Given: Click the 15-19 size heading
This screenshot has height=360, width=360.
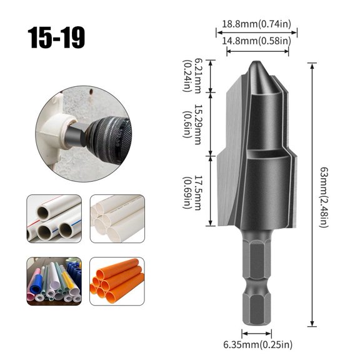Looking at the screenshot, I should point(56,37).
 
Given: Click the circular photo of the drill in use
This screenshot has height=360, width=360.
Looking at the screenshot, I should point(83,134).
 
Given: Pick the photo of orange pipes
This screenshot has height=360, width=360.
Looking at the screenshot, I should point(117,281).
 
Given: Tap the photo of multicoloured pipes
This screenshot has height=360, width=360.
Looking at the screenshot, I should point(54,281).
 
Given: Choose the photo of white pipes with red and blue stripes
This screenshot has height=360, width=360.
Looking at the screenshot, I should point(54,218).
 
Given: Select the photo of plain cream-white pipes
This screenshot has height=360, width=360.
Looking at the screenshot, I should point(117,218).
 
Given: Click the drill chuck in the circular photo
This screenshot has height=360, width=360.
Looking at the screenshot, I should point(106,135).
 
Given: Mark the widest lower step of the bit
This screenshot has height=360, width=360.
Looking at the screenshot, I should point(257,194).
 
